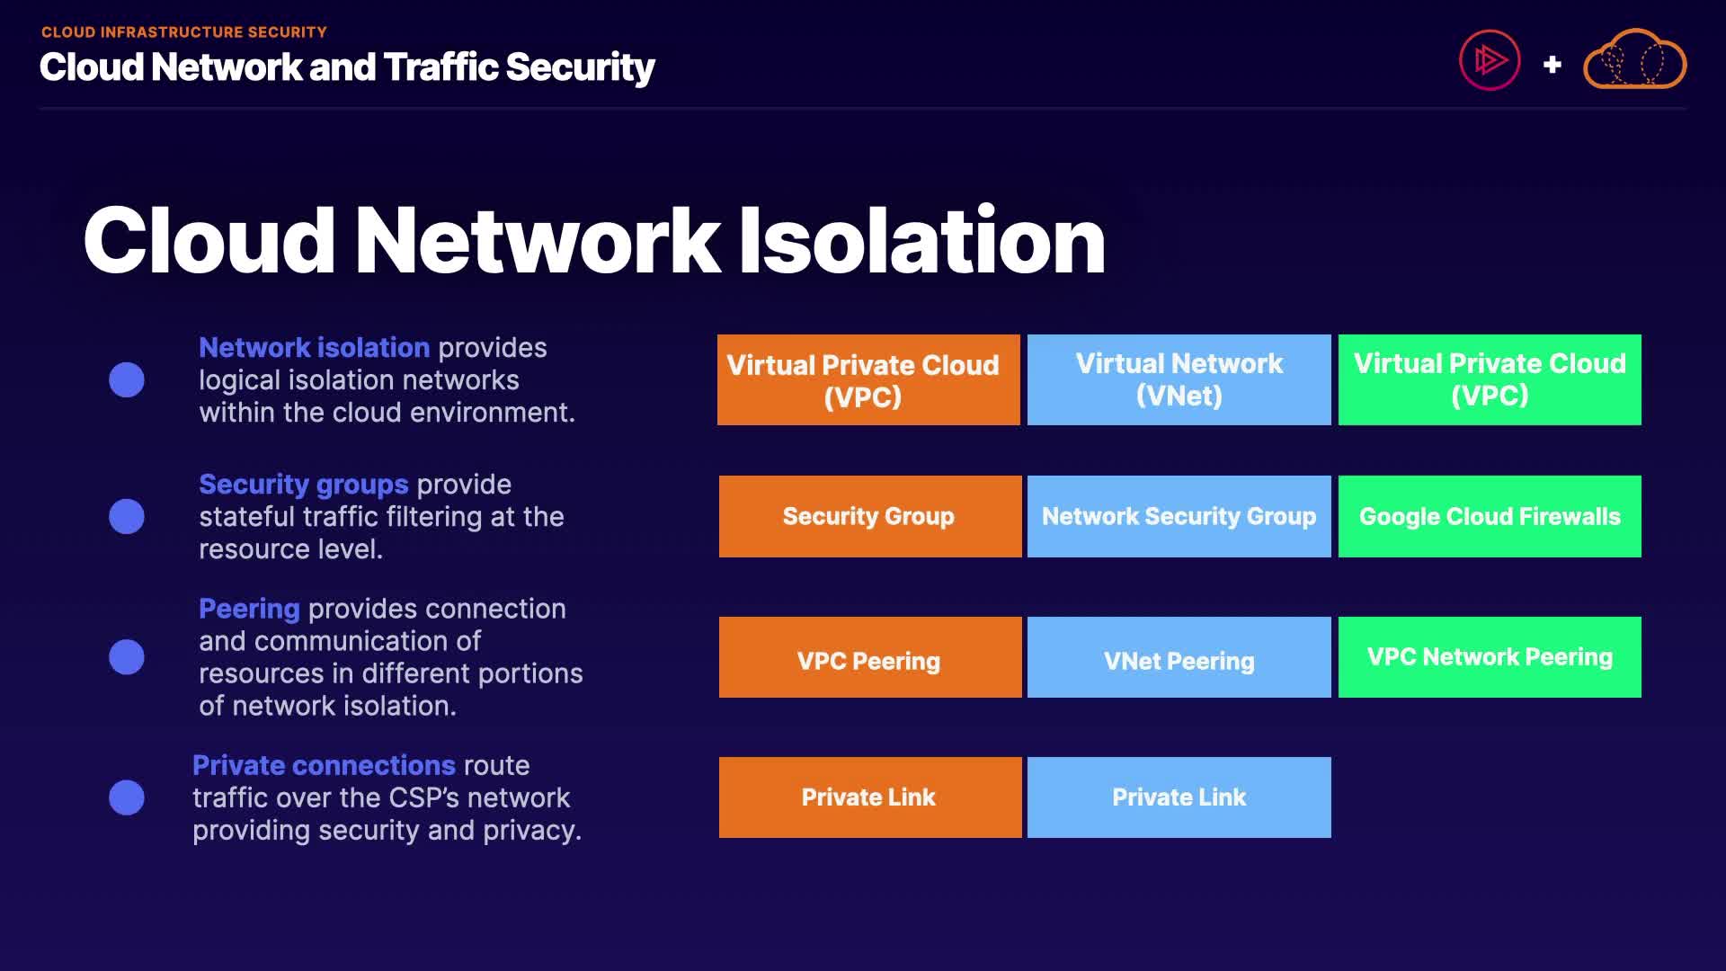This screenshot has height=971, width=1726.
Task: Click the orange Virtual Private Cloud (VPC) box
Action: click(868, 379)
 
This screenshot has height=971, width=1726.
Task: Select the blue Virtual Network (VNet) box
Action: click(1179, 379)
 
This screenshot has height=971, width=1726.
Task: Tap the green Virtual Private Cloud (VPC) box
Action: click(1490, 379)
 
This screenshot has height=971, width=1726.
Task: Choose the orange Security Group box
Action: click(870, 516)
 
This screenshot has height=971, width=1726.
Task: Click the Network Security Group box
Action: click(1179, 516)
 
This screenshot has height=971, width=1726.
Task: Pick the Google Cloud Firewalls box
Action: click(1490, 516)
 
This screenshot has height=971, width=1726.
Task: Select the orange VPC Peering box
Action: click(870, 657)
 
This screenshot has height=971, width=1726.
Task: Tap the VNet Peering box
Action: click(1179, 657)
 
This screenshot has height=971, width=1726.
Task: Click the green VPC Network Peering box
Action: click(1490, 657)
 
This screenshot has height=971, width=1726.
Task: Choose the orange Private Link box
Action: click(870, 797)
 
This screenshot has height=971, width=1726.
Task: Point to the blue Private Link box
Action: click(1179, 797)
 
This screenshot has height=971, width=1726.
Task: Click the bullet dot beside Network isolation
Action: click(127, 379)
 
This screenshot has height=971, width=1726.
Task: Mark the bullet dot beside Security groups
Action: click(127, 516)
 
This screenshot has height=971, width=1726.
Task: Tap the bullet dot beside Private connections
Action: click(127, 797)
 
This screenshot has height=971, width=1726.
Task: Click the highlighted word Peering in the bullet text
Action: click(249, 610)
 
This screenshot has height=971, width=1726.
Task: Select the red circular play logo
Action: click(1490, 60)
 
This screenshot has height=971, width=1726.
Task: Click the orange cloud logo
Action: click(1634, 59)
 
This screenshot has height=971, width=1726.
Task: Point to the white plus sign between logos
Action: click(1552, 65)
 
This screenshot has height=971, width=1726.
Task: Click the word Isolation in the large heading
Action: click(921, 240)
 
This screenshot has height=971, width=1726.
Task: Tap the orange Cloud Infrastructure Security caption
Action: click(184, 32)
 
